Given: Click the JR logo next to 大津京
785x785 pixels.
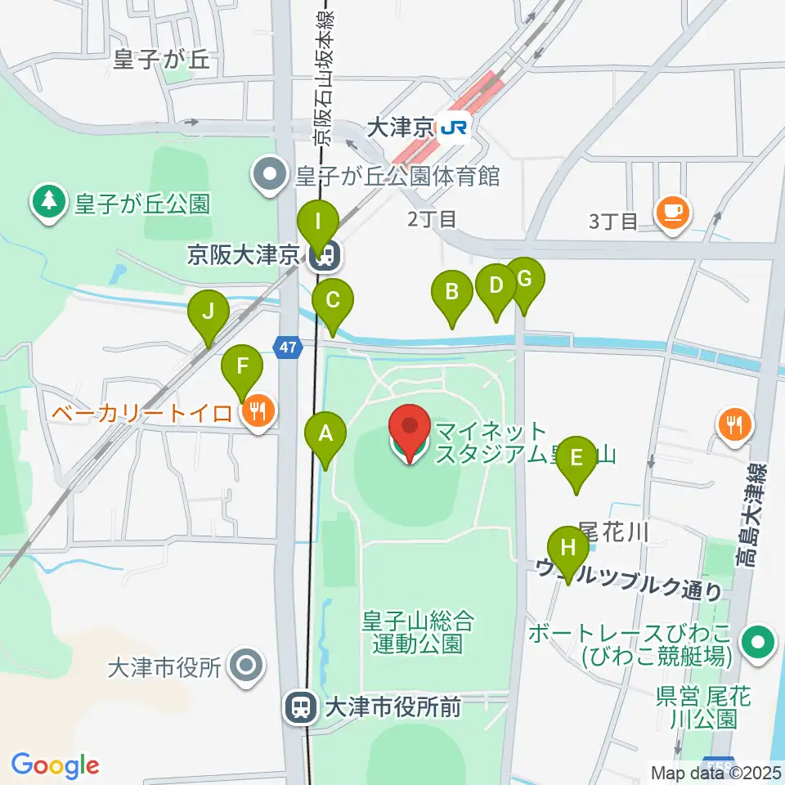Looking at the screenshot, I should click(x=455, y=128).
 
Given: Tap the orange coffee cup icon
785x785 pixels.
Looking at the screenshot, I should click(x=672, y=213).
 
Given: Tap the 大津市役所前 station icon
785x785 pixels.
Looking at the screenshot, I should click(x=300, y=706).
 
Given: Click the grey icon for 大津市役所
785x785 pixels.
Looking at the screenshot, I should click(x=245, y=666).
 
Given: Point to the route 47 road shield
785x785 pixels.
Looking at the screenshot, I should click(x=286, y=348).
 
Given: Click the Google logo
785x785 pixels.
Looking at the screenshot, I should click(x=55, y=765).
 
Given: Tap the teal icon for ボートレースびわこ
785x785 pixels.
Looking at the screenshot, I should click(x=758, y=643).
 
